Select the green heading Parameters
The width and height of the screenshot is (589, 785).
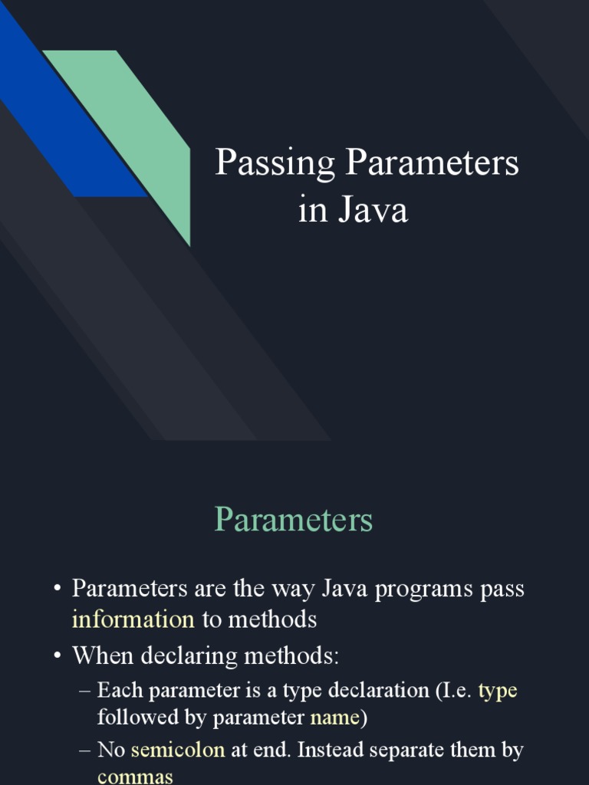coord(294,520)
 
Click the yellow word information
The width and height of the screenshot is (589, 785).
coord(133,619)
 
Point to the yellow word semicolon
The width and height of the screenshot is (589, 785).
coord(178,750)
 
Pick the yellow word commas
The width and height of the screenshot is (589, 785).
coord(135,777)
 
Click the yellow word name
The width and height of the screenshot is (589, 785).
coord(334,718)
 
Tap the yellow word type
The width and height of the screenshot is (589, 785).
coord(498,691)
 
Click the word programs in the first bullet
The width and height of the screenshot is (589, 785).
coord(420,590)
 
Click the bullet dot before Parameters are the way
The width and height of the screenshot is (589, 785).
coord(57,590)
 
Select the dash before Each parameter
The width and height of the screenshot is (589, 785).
coord(84,691)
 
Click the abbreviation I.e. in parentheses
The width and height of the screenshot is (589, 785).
coord(456,691)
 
